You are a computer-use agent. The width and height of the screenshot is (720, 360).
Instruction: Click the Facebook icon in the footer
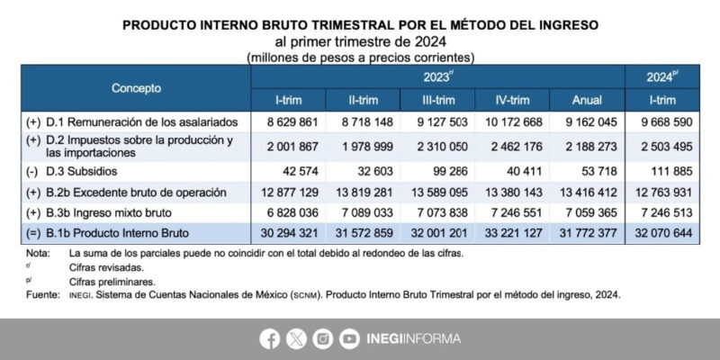[268, 339]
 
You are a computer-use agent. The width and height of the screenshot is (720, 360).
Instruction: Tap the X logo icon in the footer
[295, 339]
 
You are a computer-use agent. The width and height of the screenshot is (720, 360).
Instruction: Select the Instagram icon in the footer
[322, 339]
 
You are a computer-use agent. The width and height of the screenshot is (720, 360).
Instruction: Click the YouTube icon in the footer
[349, 339]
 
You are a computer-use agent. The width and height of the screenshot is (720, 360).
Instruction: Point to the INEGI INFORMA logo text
[413, 339]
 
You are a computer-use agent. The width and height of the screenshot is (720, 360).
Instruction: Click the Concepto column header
[136, 88]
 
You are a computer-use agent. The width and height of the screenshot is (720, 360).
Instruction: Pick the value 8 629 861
[290, 121]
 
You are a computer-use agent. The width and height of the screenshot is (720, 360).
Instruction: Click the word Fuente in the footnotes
[43, 294]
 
